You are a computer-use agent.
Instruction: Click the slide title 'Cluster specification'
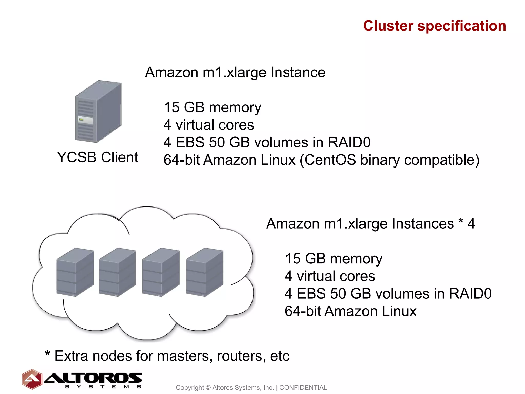(x=435, y=26)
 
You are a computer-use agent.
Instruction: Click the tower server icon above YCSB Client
(x=98, y=112)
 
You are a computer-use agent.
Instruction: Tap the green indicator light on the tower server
(x=81, y=120)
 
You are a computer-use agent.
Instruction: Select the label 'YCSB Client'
(x=97, y=157)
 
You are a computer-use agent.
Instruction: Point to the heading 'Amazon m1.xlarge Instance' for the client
(x=235, y=72)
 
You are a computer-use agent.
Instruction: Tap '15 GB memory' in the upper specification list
(x=212, y=107)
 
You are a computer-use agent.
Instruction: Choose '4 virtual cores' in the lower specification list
(x=330, y=276)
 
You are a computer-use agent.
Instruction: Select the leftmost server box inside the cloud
(x=75, y=272)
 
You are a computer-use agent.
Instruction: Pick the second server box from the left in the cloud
(x=117, y=272)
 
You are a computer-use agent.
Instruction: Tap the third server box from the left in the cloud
(x=161, y=272)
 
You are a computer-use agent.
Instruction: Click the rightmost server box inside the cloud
(x=205, y=272)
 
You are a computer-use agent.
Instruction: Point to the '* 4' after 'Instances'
(x=467, y=223)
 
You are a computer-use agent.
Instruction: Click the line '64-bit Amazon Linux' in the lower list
(x=350, y=311)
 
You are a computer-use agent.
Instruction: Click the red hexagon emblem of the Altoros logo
(x=32, y=379)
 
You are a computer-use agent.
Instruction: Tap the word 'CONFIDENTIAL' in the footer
(x=303, y=387)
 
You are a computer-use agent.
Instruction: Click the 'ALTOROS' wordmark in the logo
(x=93, y=378)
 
